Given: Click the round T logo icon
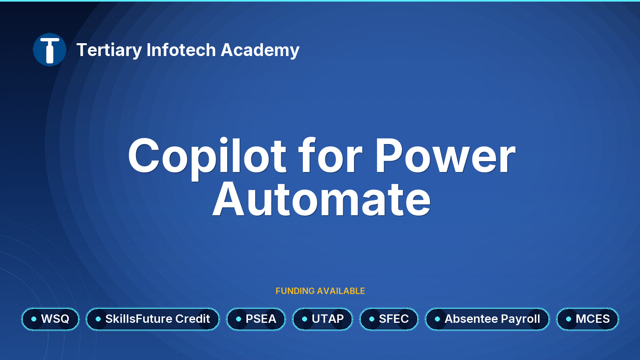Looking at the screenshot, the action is [50, 50].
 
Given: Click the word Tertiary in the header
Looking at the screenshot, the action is [109, 50].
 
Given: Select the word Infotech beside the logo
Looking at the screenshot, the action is [181, 50].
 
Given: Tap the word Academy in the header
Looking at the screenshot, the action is [260, 50].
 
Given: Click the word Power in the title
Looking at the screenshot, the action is [445, 156].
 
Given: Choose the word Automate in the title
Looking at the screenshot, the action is [322, 200].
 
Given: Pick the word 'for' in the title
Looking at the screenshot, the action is [330, 156].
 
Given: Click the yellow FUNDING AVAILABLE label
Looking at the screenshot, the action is [320, 291].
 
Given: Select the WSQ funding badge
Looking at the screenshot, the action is [50, 319].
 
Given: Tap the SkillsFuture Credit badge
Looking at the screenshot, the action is [153, 319].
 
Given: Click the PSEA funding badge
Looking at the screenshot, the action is [256, 319].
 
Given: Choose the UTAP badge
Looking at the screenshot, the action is [322, 319].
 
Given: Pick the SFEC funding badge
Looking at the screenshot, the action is [389, 319].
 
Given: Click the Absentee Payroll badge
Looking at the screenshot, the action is [488, 319].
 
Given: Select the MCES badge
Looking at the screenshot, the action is [588, 319].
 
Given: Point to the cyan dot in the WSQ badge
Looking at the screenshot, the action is [34, 319].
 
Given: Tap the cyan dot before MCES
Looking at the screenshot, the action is [568, 319].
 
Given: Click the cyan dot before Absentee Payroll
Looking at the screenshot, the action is [438, 319].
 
